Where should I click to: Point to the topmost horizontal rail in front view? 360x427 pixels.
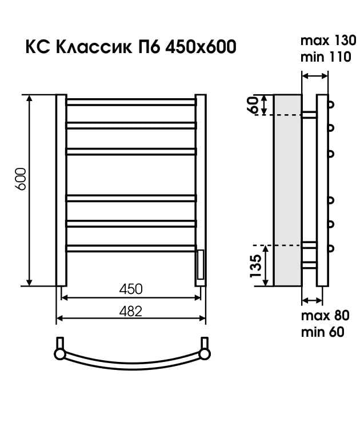[x=131, y=102]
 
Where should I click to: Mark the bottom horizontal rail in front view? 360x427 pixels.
[x=131, y=247]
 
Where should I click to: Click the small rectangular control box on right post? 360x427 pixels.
[x=200, y=264]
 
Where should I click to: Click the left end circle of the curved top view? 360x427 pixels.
[x=60, y=353]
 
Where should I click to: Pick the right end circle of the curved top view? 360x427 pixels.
[x=204, y=353]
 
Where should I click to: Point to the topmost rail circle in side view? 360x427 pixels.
[x=331, y=104]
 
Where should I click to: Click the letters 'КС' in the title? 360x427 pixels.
[x=36, y=47]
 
